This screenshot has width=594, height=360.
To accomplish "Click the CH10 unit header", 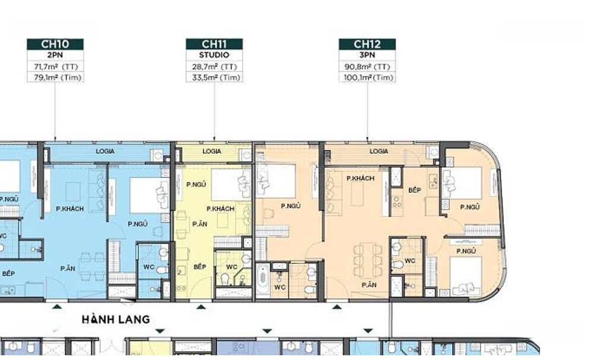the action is point(55,44).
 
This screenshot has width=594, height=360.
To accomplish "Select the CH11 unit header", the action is point(214,44).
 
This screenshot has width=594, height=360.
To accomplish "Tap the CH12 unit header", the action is point(367,44).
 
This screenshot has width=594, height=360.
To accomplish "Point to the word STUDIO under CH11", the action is point(214,55).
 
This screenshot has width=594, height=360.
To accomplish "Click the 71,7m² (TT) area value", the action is point(56,66).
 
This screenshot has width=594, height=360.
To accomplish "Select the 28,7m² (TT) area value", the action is point(214,66).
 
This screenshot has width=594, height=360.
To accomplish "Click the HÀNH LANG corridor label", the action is point(116,320).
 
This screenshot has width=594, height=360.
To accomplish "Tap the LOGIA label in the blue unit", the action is point(105,151).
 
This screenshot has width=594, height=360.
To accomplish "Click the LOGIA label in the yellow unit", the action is point(212,151).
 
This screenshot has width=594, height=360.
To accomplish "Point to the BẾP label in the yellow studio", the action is point(199,267).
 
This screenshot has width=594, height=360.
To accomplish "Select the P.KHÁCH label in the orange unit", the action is point(360,179).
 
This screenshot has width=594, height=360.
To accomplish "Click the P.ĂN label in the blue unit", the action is point(68,269).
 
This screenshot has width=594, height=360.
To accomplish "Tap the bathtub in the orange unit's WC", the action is point(263,280).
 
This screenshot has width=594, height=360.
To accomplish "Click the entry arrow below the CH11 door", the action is point(201,307).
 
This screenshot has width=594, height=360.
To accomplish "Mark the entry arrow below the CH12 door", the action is point(337,307).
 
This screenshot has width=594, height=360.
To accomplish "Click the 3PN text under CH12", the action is point(367,55).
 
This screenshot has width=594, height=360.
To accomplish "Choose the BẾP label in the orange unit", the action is point(414,190).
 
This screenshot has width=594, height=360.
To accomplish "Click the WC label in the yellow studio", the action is point(232,267).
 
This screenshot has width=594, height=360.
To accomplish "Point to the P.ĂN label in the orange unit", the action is point(369,285).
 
